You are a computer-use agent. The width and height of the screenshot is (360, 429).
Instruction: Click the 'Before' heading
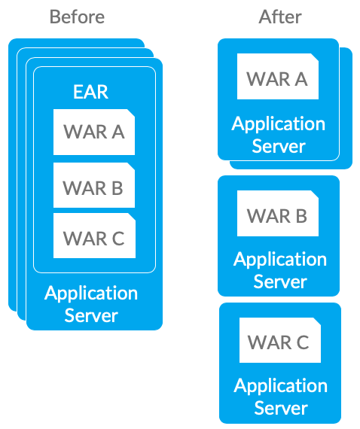click(x=77, y=17)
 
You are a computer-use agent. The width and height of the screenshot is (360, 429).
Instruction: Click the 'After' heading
click(x=280, y=17)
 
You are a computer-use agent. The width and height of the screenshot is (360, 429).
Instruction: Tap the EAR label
click(x=90, y=92)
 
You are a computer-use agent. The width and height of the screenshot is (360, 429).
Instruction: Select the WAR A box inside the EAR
click(x=94, y=132)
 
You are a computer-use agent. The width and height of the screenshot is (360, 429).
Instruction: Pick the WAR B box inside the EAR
click(x=94, y=185)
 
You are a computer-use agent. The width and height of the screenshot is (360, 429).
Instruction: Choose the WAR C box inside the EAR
click(x=94, y=236)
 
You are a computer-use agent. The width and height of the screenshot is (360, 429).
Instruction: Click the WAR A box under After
click(x=278, y=76)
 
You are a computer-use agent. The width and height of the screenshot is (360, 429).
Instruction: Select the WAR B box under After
click(x=278, y=214)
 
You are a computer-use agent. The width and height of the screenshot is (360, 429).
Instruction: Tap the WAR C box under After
click(x=279, y=340)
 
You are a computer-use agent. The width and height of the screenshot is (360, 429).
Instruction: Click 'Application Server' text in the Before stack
click(x=91, y=304)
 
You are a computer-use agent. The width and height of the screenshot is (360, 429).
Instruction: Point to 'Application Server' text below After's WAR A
click(x=279, y=135)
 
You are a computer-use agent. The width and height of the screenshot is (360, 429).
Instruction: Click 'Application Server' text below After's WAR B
click(x=280, y=270)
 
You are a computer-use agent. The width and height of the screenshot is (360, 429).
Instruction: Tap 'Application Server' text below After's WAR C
click(x=281, y=397)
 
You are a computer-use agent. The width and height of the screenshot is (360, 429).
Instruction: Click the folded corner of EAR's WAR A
click(x=131, y=113)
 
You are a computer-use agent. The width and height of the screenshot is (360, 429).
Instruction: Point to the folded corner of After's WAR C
click(x=317, y=321)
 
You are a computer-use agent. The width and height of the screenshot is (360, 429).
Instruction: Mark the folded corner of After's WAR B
click(x=315, y=194)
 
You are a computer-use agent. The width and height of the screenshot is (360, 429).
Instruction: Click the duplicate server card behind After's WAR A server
click(x=346, y=109)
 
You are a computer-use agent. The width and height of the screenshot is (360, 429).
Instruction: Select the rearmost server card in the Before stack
click(x=13, y=175)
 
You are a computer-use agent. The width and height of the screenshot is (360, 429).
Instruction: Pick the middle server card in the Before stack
click(x=21, y=184)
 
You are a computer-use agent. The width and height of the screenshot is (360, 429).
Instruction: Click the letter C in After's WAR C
click(x=303, y=342)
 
